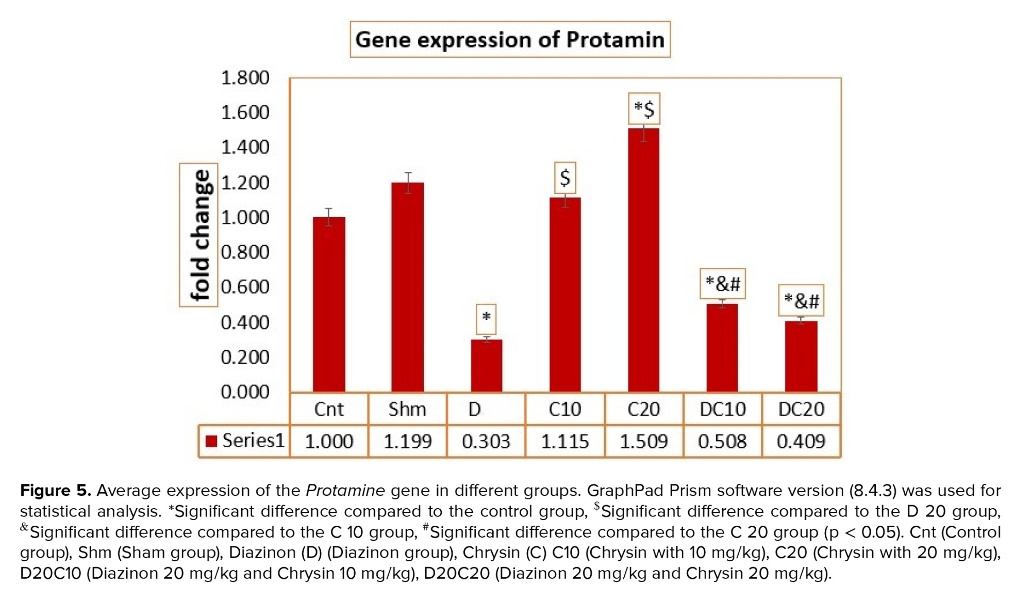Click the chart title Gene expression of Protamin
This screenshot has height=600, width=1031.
(510, 40)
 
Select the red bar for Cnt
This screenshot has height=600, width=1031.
(329, 304)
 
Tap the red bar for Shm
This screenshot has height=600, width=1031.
(407, 287)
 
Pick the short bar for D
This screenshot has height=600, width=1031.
(486, 365)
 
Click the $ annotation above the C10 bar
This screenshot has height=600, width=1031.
(565, 178)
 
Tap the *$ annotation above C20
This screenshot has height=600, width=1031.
(644, 109)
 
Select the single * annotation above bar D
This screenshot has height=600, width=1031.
(486, 318)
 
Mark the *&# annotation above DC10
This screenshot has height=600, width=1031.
(722, 283)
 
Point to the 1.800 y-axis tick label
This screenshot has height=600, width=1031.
(245, 78)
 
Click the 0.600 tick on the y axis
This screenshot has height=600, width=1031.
(245, 287)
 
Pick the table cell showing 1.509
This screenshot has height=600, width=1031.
(643, 442)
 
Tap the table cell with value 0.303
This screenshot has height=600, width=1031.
(486, 442)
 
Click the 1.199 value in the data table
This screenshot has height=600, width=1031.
(407, 442)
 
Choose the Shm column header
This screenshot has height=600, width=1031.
(407, 409)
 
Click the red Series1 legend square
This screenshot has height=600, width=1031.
(211, 441)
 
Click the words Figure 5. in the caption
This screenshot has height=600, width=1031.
(55, 490)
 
